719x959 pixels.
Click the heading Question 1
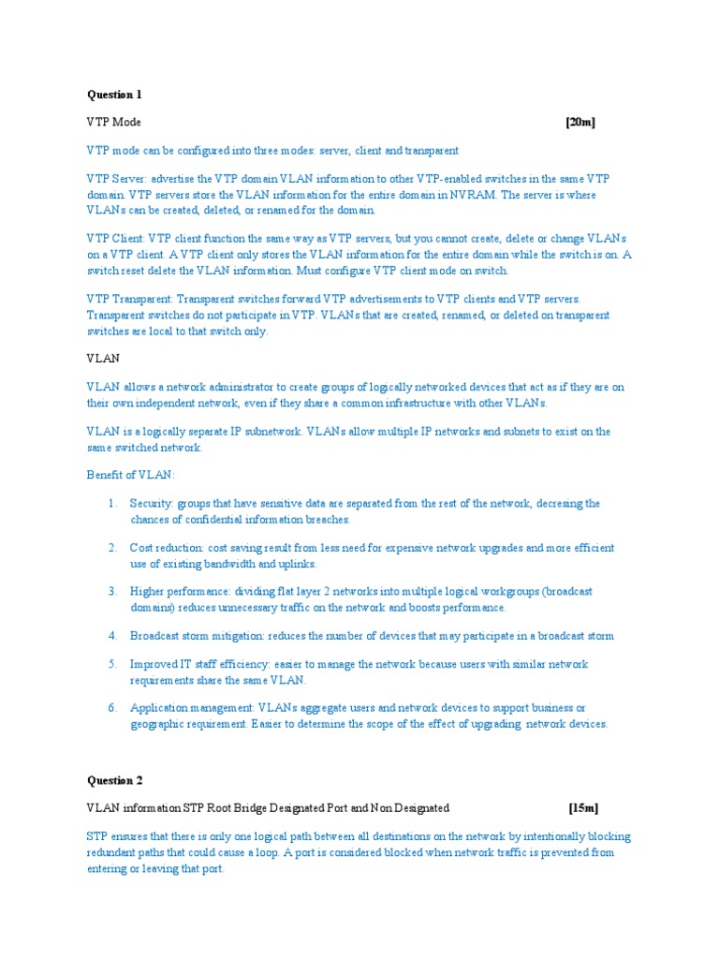114,95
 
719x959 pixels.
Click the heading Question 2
114,780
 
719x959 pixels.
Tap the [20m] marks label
580,123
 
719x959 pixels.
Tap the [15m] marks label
583,807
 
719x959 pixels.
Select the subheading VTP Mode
114,123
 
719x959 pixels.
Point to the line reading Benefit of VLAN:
130,475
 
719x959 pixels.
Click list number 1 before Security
111,504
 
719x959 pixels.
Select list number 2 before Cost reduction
111,548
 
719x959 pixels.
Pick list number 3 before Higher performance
111,592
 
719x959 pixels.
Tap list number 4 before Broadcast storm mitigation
111,636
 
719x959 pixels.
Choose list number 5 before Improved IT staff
111,664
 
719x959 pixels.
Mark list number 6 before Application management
111,708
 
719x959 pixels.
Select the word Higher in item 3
147,592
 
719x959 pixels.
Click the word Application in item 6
158,708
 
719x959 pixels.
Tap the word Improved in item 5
153,664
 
